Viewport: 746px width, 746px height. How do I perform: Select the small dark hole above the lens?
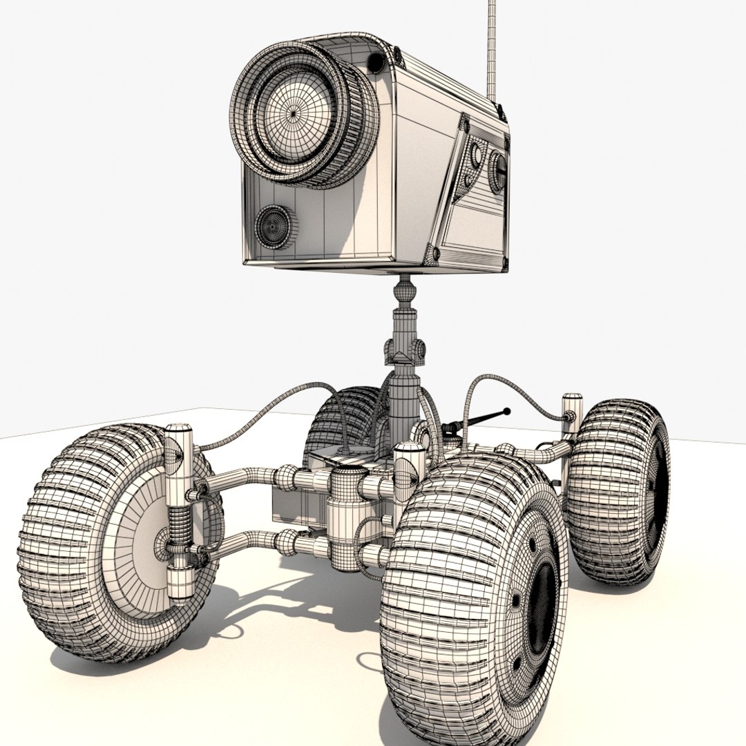point(376,63)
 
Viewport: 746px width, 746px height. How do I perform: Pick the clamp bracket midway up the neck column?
point(405,350)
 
